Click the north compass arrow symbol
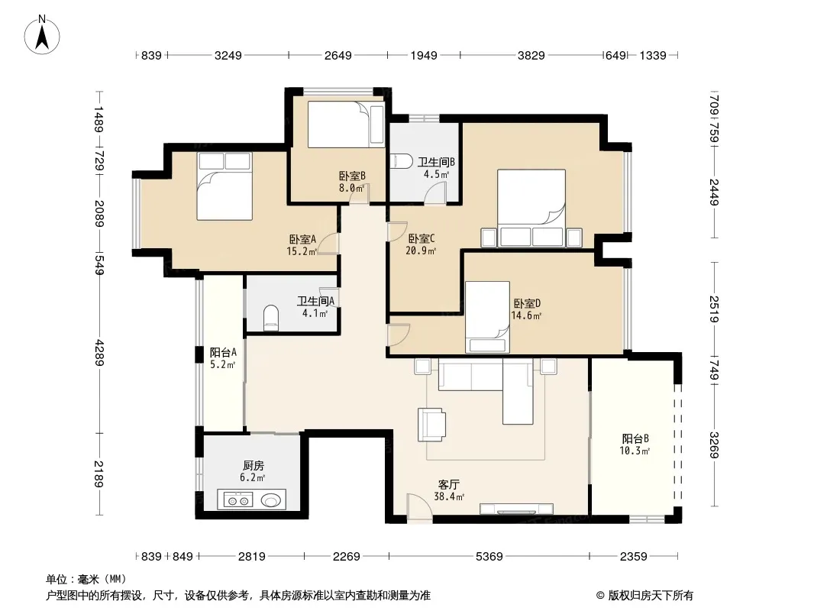(44, 34)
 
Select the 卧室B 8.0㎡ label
(352, 181)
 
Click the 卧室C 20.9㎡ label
(422, 244)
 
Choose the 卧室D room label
(527, 309)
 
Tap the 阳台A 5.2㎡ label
(223, 358)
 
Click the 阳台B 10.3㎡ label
(635, 445)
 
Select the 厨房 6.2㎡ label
(254, 471)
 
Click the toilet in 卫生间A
(270, 318)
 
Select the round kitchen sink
(270, 501)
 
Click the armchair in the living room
(433, 424)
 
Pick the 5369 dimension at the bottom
(489, 557)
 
